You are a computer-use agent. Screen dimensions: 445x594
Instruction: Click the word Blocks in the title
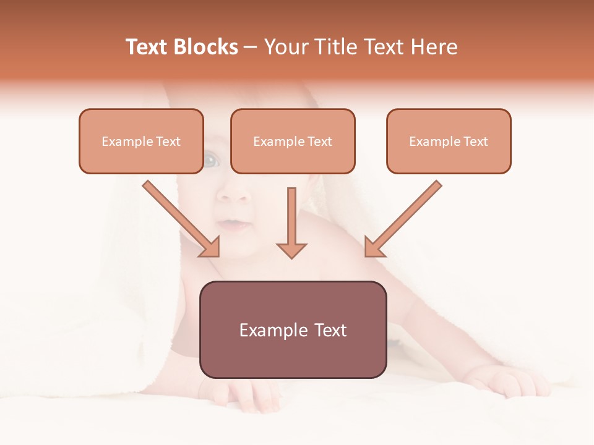coord(205,47)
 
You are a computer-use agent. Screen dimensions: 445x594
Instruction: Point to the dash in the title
coord(251,47)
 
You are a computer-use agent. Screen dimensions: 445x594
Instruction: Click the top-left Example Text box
coord(141,141)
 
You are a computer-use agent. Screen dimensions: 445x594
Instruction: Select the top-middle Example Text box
coord(293,141)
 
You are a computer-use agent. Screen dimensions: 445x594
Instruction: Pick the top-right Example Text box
coord(449,141)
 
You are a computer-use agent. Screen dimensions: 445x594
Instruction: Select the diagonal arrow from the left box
coord(179,218)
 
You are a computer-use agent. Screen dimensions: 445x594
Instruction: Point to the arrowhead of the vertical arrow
coord(291,250)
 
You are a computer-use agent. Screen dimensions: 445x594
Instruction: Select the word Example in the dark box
coord(265,330)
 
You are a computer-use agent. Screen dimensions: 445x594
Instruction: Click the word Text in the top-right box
coord(475,142)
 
